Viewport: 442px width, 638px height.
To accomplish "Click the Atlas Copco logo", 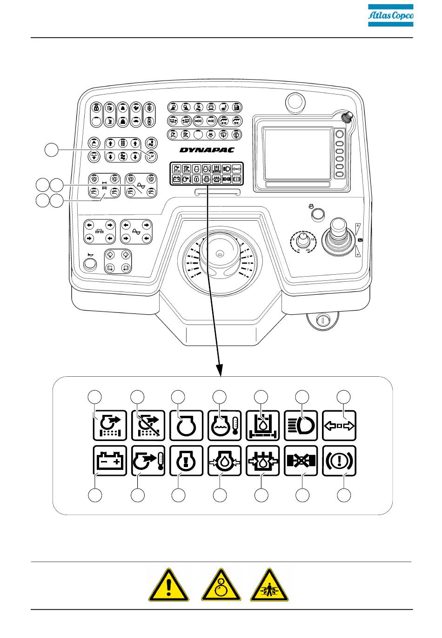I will [390, 16].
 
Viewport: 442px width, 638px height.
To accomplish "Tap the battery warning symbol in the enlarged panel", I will [110, 461].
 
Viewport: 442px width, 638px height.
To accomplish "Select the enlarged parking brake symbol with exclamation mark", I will [339, 461].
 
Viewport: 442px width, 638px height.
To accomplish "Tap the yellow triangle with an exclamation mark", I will [168, 586].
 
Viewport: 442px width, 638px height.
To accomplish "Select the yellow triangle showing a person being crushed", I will [269, 586].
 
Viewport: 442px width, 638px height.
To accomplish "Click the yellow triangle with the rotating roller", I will [221, 586].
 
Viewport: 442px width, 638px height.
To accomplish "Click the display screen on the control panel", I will [296, 154].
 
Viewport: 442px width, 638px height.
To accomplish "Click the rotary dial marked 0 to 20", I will [303, 240].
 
